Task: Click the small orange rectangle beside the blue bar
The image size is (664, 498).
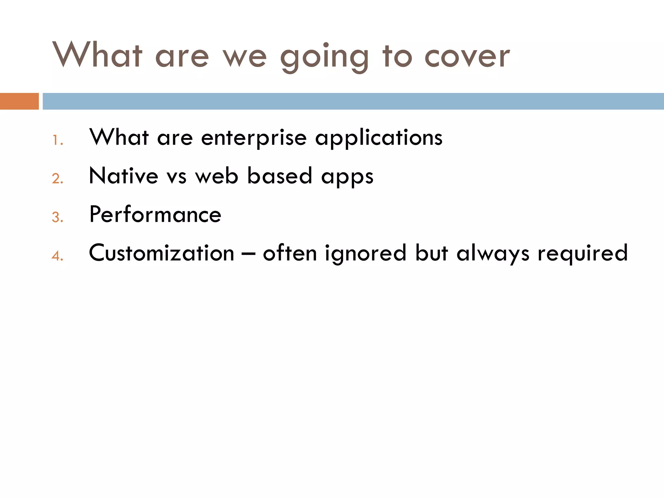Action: pyautogui.click(x=19, y=101)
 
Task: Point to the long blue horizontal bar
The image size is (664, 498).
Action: pyautogui.click(x=353, y=101)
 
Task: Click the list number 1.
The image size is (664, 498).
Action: pyautogui.click(x=57, y=140)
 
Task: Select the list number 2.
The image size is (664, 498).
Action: pyautogui.click(x=57, y=179)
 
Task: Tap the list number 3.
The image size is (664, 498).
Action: pyautogui.click(x=57, y=217)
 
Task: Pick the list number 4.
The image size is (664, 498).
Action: pyautogui.click(x=57, y=256)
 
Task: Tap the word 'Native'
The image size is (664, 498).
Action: pyautogui.click(x=124, y=176)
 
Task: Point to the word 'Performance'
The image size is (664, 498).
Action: pyautogui.click(x=155, y=215)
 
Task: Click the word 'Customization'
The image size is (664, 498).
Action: pyautogui.click(x=161, y=253)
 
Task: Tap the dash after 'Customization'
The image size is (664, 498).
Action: pyautogui.click(x=248, y=254)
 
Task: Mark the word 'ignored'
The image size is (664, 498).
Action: pyautogui.click(x=365, y=254)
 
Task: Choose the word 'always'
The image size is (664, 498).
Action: pyautogui.click(x=493, y=254)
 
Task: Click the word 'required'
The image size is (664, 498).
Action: pyautogui.click(x=583, y=254)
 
